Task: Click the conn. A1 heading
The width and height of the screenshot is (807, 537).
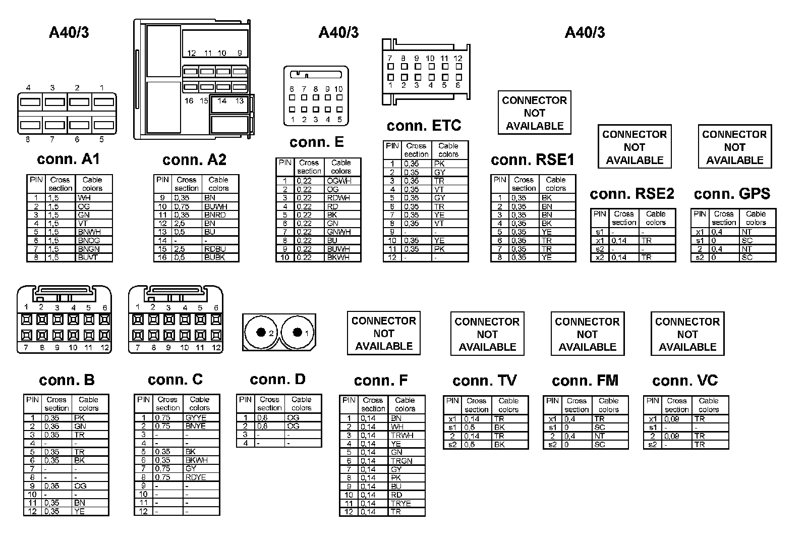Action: click(x=69, y=159)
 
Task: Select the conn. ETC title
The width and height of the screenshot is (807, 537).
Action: click(x=424, y=126)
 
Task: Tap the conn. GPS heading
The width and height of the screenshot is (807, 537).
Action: click(x=732, y=194)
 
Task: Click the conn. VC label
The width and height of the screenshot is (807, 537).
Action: click(x=684, y=381)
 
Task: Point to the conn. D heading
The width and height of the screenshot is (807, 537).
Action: click(x=277, y=380)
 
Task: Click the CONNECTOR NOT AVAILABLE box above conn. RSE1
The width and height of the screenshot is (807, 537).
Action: click(x=534, y=113)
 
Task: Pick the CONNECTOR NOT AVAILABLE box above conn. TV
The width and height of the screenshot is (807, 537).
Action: click(x=487, y=334)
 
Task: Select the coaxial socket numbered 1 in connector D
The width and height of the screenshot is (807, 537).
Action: click(x=298, y=332)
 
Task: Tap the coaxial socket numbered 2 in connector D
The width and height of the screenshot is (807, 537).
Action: click(x=261, y=333)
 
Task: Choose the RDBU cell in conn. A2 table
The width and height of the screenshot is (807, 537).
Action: click(x=215, y=249)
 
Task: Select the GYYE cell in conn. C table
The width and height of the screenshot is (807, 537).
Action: click(x=196, y=418)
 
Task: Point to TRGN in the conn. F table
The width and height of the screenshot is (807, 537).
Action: click(x=401, y=461)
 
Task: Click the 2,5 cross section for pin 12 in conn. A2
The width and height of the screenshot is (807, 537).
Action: click(x=180, y=223)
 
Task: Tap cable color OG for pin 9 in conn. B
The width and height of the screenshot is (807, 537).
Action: click(x=80, y=486)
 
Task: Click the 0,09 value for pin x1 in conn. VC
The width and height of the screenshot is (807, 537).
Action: click(x=671, y=419)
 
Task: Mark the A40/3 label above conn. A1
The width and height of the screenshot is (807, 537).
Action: click(x=69, y=33)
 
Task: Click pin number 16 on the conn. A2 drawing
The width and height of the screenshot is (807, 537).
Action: click(x=189, y=101)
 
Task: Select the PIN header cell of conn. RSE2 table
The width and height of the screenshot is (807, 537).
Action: click(x=599, y=214)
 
